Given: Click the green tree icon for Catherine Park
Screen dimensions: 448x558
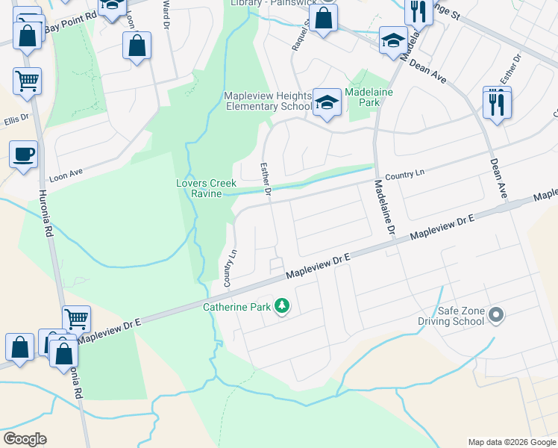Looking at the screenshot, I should (x=282, y=306).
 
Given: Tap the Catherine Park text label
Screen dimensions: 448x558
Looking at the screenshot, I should (x=238, y=306).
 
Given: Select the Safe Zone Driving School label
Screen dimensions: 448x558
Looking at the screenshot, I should (x=457, y=316).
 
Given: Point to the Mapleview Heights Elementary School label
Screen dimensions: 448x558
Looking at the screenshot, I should (x=268, y=102).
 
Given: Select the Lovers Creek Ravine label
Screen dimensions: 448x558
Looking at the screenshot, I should (x=206, y=188).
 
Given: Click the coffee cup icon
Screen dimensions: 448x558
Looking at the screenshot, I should (x=23, y=155).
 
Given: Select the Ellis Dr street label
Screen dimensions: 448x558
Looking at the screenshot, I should (x=16, y=119).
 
